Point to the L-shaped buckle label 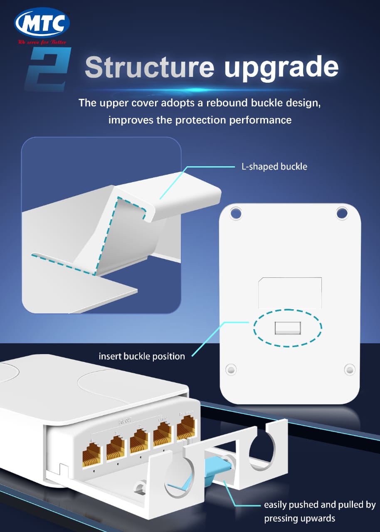click(274, 167)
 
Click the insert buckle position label click(142, 356)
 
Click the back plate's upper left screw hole click(236, 213)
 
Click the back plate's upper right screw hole click(342, 213)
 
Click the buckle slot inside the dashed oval click(287, 328)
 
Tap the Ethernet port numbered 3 click(116, 449)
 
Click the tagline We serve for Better click(42, 42)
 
